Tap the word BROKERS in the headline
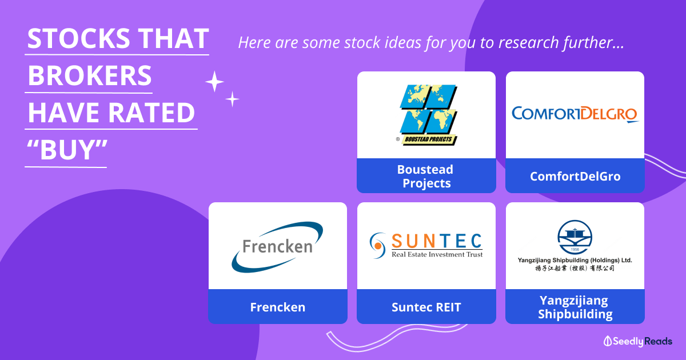(90, 75)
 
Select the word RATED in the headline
(151, 113)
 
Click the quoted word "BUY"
(67, 149)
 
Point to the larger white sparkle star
(214, 82)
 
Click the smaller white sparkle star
(232, 99)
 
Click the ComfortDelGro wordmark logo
(575, 114)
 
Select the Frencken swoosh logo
(277, 247)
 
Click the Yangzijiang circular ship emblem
(575, 237)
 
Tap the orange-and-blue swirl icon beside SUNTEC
(378, 246)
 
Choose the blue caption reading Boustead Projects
(426, 176)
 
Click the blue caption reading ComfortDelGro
(575, 176)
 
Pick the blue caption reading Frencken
(278, 307)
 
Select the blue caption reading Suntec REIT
(426, 307)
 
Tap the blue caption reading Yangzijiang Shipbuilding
(575, 307)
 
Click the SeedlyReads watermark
(637, 341)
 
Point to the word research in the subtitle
(529, 42)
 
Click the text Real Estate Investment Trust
(437, 254)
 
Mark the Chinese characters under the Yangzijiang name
(575, 268)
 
